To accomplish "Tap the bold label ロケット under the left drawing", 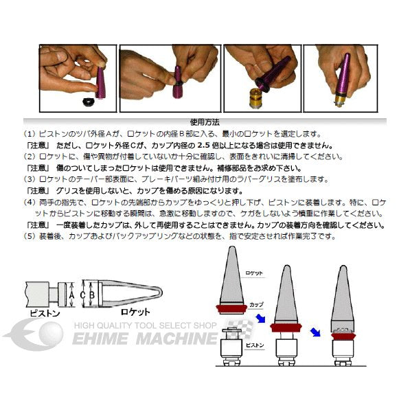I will click(137, 311).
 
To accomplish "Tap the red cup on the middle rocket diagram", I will click(288, 327).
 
